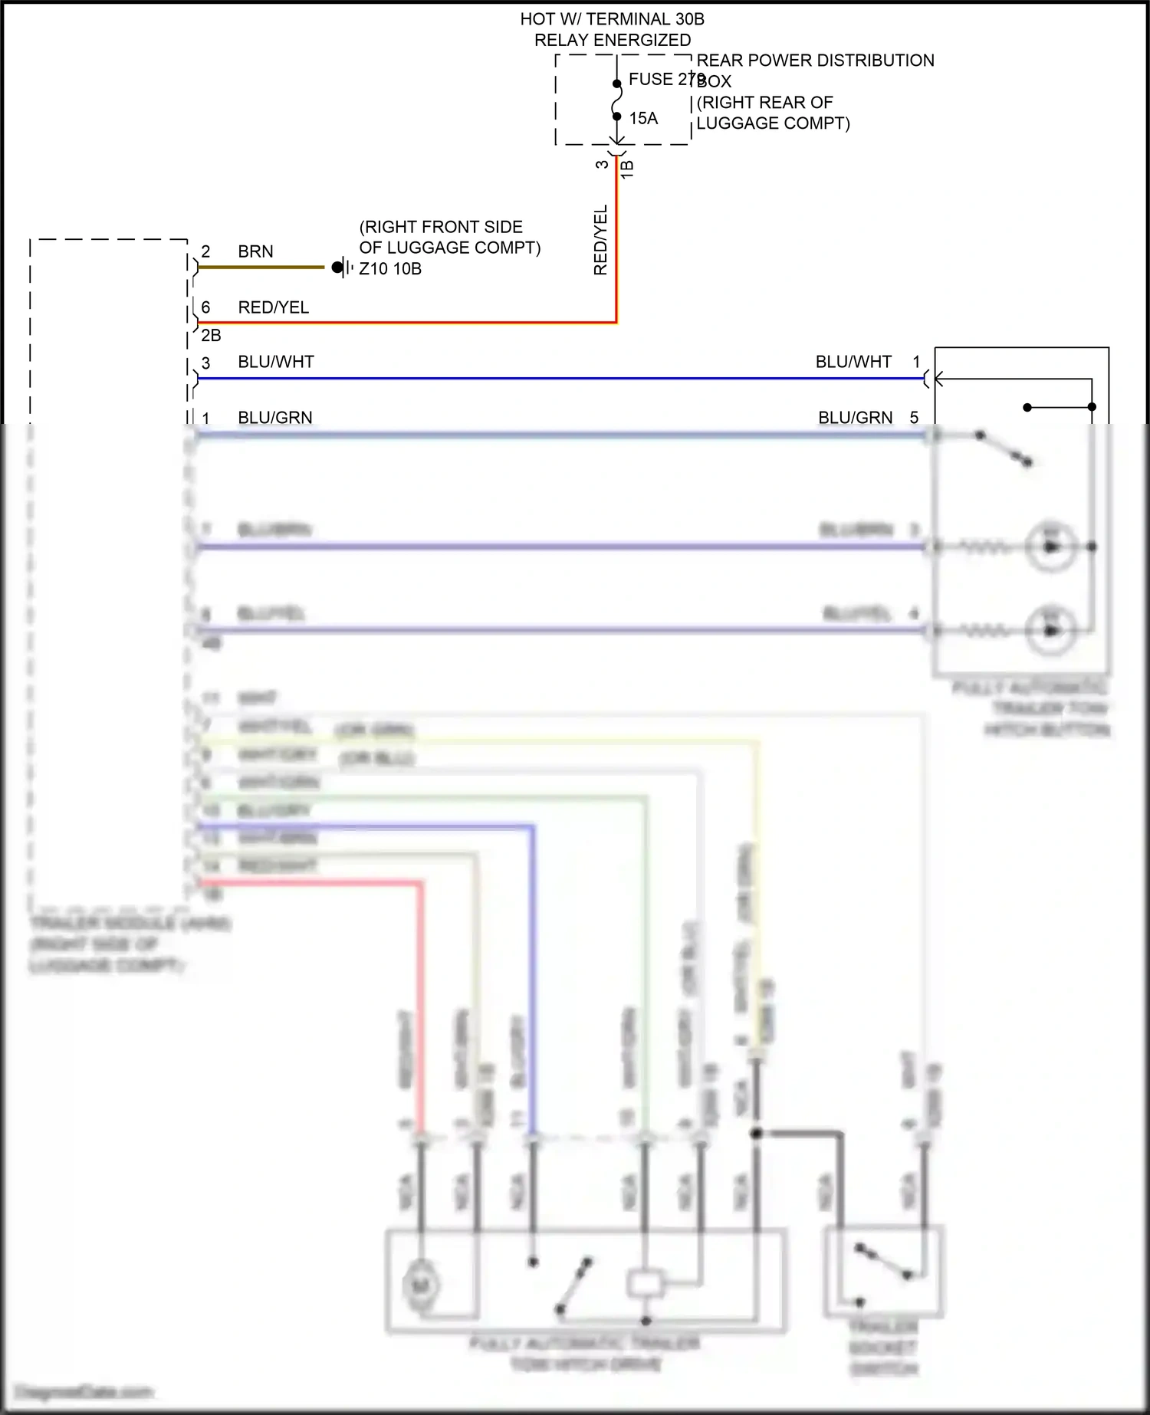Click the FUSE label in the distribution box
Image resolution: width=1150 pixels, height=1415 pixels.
(x=650, y=79)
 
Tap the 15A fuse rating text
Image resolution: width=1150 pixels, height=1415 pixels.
(x=643, y=118)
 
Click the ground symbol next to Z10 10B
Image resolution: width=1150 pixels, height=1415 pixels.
(x=343, y=268)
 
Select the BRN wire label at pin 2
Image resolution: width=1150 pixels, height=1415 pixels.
(x=255, y=251)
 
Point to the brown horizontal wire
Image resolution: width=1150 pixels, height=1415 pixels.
(x=261, y=268)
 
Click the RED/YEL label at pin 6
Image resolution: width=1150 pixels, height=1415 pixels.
(x=273, y=307)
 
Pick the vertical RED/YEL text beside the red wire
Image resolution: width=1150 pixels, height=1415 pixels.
(x=600, y=240)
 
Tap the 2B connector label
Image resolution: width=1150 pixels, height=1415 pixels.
(x=211, y=336)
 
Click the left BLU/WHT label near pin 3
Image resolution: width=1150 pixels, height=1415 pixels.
(x=276, y=362)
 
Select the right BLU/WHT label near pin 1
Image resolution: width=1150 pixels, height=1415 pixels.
(x=853, y=362)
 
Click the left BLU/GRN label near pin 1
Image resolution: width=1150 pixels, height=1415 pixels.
(x=275, y=418)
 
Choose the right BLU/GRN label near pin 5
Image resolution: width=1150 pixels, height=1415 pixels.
(x=856, y=418)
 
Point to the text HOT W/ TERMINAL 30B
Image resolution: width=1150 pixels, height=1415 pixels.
(x=612, y=19)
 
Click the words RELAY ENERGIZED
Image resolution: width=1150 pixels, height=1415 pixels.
(x=612, y=40)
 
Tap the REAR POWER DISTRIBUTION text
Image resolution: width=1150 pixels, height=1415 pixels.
(x=815, y=61)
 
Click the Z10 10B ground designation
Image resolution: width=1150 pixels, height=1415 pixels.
(x=390, y=269)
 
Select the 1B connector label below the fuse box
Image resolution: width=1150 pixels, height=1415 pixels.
(x=627, y=169)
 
